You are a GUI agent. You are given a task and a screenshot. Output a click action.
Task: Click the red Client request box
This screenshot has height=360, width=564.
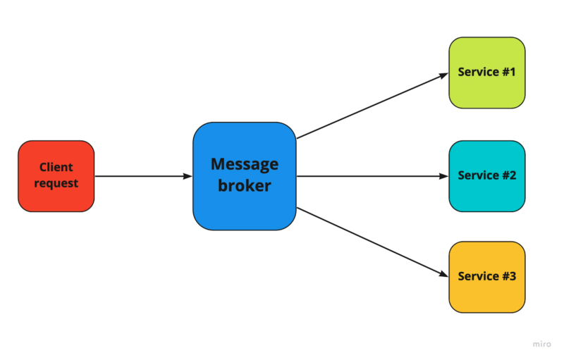pos(56,176)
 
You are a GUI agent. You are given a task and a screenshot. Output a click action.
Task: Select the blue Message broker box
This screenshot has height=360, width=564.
pos(244,176)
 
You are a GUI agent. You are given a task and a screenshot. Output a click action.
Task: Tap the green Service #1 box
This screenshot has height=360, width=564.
pos(486,73)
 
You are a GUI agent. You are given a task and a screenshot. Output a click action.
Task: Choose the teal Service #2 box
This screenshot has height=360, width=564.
pos(486,175)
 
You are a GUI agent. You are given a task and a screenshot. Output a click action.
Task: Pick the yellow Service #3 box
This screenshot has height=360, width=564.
pos(486,277)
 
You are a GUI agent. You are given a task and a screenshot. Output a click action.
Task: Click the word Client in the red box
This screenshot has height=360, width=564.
pos(56,168)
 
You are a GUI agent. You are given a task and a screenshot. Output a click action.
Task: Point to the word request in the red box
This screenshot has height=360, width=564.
pos(56,184)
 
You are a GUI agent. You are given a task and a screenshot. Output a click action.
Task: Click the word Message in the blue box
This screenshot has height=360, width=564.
pos(244,165)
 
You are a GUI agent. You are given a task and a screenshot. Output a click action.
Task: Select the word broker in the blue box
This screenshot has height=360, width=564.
pos(244,187)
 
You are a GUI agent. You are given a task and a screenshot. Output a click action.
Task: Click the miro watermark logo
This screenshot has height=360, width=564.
pos(541,345)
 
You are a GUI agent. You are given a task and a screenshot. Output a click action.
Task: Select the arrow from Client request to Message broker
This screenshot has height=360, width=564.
pos(141,176)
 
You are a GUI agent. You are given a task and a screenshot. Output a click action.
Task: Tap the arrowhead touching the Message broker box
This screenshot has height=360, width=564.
pos(188,176)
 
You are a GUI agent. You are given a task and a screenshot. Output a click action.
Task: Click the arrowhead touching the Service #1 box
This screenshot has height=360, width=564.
pos(444,73)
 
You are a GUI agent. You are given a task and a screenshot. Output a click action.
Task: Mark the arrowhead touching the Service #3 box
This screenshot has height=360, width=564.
pos(444,275)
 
